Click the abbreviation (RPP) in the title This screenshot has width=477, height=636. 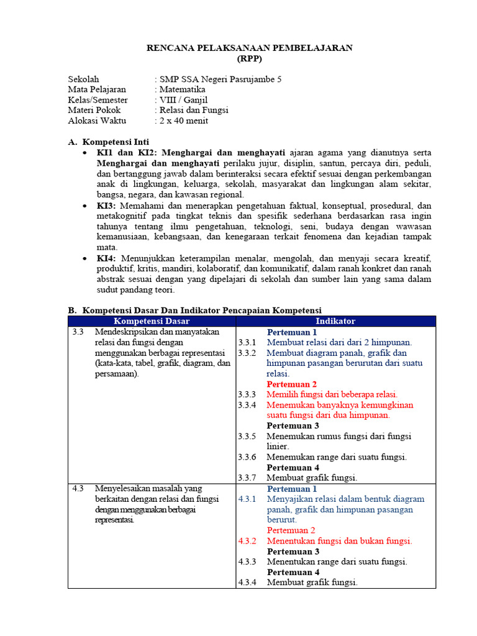point(250,59)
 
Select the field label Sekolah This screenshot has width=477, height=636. point(83,79)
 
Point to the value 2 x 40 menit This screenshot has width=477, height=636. point(184,120)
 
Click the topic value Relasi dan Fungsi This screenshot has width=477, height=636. point(194,110)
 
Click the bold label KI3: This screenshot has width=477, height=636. point(107,206)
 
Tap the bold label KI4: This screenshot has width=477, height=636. point(107,258)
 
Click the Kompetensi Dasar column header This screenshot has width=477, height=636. point(152,321)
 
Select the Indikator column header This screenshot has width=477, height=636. point(335,321)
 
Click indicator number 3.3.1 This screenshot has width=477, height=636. point(247,342)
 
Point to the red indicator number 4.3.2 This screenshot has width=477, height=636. point(247,541)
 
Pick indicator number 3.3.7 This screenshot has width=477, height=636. point(247,478)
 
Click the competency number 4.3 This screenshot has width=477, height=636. point(78,488)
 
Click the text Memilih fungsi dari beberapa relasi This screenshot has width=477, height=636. point(332,394)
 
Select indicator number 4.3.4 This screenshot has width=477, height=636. point(247,583)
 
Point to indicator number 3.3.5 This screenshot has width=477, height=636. point(247,436)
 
